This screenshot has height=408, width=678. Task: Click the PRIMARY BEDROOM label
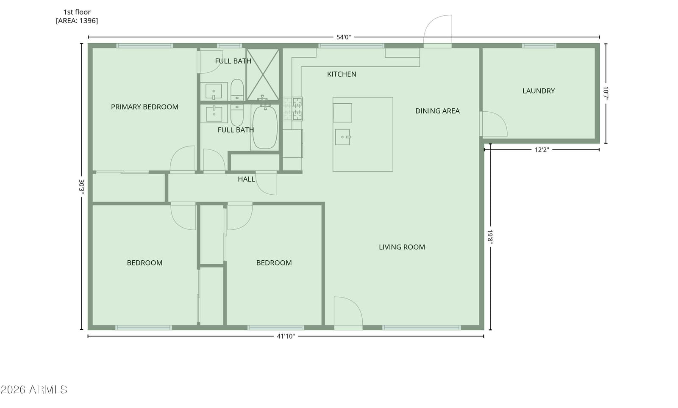pos(144,107)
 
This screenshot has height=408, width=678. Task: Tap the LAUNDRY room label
pos(539,91)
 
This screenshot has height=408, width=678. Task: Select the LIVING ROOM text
pos(402,247)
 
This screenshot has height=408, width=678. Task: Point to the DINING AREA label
pos(437,111)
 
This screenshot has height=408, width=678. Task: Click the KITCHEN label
pos(342,74)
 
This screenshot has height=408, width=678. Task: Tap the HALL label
pos(246,179)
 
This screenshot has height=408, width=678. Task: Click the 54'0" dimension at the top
pos(344,37)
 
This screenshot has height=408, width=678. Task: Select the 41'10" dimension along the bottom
pos(286,336)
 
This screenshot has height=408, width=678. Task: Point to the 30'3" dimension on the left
pos(81,186)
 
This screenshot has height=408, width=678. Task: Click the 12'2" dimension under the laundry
pos(542,150)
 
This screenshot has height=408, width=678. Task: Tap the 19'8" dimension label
pos(490,236)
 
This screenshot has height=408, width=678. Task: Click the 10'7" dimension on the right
pos(606,94)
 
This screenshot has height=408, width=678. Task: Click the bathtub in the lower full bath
pos(265,127)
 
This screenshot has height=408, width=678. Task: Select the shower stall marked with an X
pos(262,74)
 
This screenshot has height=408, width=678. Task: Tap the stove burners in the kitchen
pos(293,109)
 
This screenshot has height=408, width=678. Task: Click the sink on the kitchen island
pos(343,137)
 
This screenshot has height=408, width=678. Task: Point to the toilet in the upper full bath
pos(237,90)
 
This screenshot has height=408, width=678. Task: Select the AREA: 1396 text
pos(77,21)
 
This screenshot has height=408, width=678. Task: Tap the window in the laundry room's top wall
pos(539,46)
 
